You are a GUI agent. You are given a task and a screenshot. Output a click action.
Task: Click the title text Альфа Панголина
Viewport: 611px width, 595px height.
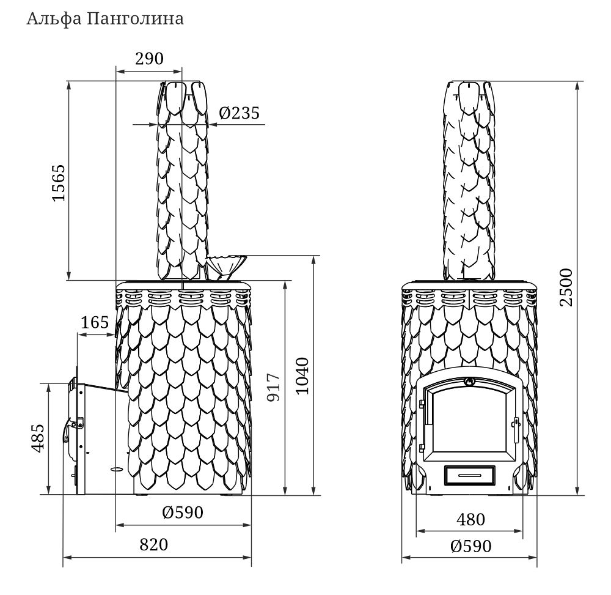(x=105, y=19)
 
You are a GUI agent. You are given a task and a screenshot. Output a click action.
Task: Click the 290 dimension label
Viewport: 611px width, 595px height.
(x=149, y=59)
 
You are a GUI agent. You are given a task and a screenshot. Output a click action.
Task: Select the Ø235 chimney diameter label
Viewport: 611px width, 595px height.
(x=239, y=113)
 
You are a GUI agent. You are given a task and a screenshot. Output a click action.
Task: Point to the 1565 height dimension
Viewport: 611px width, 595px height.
(x=59, y=183)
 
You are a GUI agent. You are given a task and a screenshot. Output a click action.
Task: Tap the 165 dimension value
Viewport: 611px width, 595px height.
(x=95, y=322)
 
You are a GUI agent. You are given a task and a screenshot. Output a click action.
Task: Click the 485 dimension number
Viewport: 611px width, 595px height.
(x=38, y=438)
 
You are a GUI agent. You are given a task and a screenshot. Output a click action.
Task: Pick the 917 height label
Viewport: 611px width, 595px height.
(x=273, y=388)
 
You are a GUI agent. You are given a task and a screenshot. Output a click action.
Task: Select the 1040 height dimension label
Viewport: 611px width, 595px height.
(x=302, y=376)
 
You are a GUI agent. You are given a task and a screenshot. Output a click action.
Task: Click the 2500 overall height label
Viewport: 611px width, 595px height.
(x=566, y=287)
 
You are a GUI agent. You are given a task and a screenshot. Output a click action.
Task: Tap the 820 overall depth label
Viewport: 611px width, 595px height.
(x=154, y=545)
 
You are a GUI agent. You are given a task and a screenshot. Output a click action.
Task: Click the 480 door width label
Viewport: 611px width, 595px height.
(x=470, y=519)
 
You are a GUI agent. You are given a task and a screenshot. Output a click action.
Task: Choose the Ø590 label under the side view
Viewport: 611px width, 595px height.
(x=183, y=512)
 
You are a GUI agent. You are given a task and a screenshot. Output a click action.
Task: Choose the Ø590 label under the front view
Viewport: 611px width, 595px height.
(x=470, y=546)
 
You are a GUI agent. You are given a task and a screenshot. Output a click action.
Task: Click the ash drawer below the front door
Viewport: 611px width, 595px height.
(x=470, y=475)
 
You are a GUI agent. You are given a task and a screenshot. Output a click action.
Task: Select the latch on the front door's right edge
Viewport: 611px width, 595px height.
(x=517, y=429)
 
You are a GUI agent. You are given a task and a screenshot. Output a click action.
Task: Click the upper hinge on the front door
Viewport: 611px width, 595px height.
(x=422, y=404)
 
